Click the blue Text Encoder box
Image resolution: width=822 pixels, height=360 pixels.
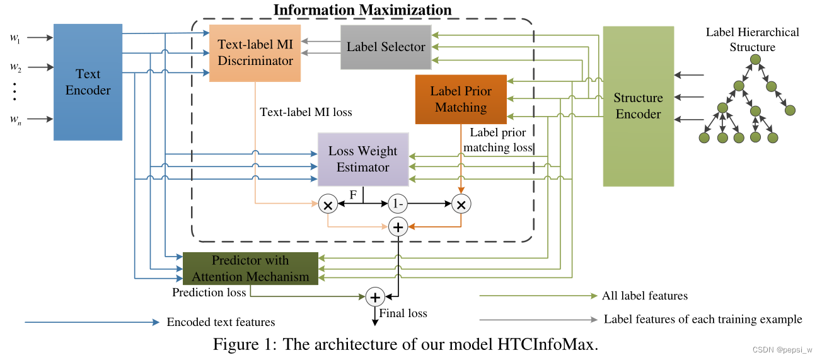tap(88, 82)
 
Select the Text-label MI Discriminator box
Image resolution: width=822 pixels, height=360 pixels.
tap(255, 53)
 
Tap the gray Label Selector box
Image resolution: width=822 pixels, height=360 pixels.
tap(386, 47)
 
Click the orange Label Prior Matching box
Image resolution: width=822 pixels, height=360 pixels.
tap(461, 99)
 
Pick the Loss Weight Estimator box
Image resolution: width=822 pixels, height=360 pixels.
tap(363, 159)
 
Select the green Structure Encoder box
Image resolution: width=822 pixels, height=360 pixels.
tap(638, 106)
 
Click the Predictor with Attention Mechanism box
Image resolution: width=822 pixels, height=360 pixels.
tap(250, 269)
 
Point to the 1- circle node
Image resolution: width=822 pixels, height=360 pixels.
tap(398, 204)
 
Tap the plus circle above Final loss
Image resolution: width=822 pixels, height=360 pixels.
tap(375, 297)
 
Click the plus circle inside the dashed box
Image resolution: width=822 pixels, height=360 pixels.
tap(398, 226)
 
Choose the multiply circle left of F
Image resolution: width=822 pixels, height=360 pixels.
tap(328, 204)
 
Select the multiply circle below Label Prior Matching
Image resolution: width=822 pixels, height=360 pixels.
tap(461, 204)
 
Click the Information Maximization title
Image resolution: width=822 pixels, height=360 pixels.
tap(362, 10)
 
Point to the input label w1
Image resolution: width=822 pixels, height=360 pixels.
tap(14, 37)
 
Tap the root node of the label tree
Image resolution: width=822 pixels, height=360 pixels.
tap(755, 61)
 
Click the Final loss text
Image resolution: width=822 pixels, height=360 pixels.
tap(403, 313)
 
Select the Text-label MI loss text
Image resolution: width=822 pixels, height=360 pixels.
tap(306, 112)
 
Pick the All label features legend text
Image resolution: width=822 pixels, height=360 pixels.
tap(644, 296)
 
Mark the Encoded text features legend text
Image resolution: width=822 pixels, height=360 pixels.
tap(221, 322)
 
